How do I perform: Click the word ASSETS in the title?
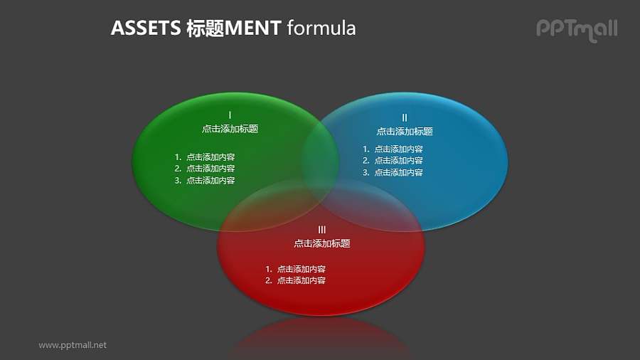point(145,28)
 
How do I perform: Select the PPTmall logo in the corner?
point(576,28)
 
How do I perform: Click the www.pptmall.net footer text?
point(73,345)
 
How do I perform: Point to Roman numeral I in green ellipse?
point(230,115)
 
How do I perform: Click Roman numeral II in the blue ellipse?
point(405,117)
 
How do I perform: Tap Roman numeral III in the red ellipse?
point(322,229)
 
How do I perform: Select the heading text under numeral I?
point(230,129)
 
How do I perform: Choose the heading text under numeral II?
point(405,132)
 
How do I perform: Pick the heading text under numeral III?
point(322,243)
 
